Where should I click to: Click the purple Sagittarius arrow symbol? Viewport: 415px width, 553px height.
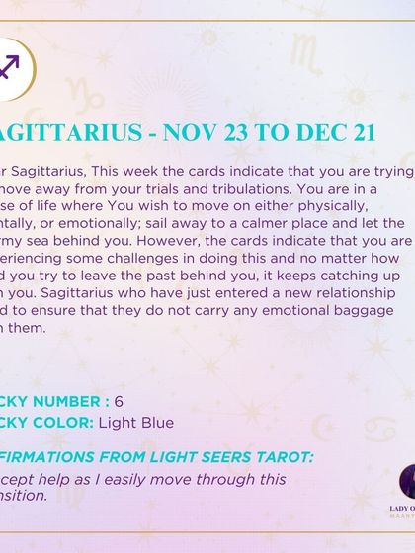(8, 66)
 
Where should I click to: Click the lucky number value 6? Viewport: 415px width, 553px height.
(119, 402)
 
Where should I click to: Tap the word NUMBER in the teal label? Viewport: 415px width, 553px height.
(67, 402)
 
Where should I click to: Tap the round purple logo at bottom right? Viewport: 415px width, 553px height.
(407, 481)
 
